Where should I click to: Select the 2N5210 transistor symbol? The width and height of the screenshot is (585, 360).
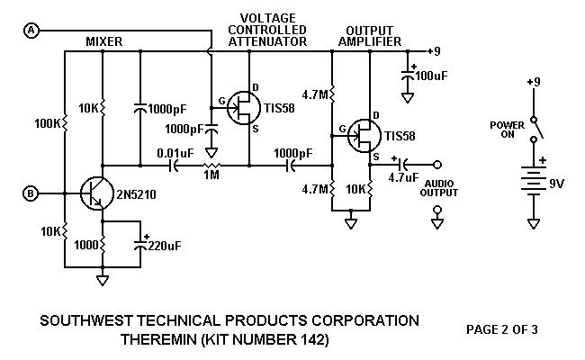tap(95, 192)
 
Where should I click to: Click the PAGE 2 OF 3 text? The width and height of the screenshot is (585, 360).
tap(502, 329)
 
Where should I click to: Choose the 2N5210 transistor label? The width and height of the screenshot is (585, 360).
tap(135, 193)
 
